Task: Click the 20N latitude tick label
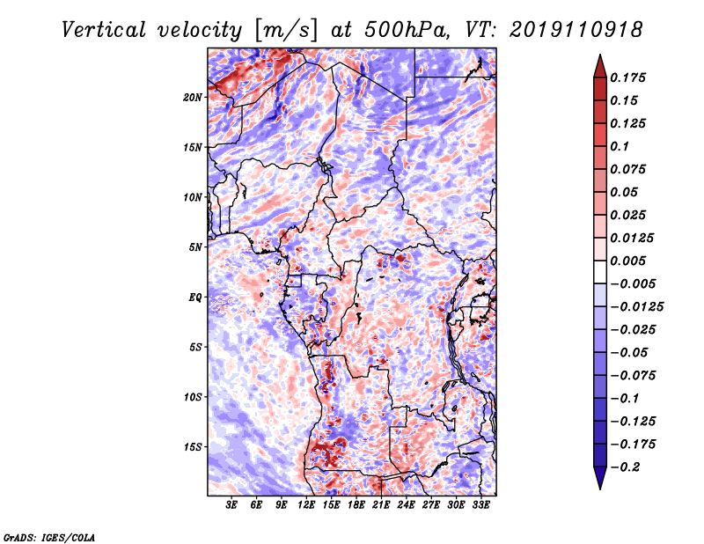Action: pos(194,97)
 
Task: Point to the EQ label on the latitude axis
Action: pos(195,298)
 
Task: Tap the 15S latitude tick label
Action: pos(194,447)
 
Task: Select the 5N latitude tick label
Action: pos(195,247)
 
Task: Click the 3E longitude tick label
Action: pos(232,505)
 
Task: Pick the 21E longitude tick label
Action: pos(381,505)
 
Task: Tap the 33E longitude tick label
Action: pos(480,505)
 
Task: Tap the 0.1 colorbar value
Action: pos(621,146)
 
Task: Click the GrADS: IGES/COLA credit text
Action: pos(48,536)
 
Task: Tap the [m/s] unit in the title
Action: pos(281,29)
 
